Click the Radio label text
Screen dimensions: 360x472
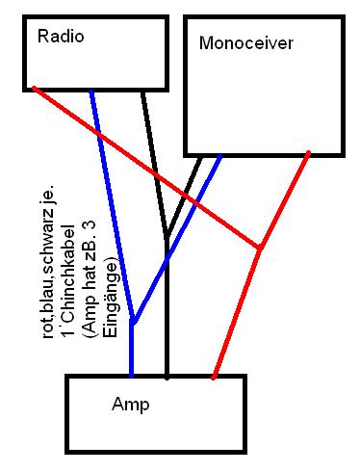click(61, 36)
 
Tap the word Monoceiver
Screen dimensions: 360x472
click(246, 42)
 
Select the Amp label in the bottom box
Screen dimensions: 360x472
click(131, 405)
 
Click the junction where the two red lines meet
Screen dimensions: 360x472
click(259, 249)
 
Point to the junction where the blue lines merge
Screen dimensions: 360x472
click(132, 320)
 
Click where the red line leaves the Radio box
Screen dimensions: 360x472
click(35, 88)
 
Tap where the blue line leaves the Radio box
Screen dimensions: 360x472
click(91, 92)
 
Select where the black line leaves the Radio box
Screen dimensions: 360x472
click(143, 92)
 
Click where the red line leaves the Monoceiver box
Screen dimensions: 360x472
click(308, 153)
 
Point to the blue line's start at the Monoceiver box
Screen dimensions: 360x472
click(220, 157)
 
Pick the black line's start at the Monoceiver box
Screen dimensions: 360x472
click(200, 157)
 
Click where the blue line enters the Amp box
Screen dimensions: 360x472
click(131, 375)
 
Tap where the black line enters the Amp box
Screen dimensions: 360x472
click(167, 377)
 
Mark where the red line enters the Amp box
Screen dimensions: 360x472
click(214, 377)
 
